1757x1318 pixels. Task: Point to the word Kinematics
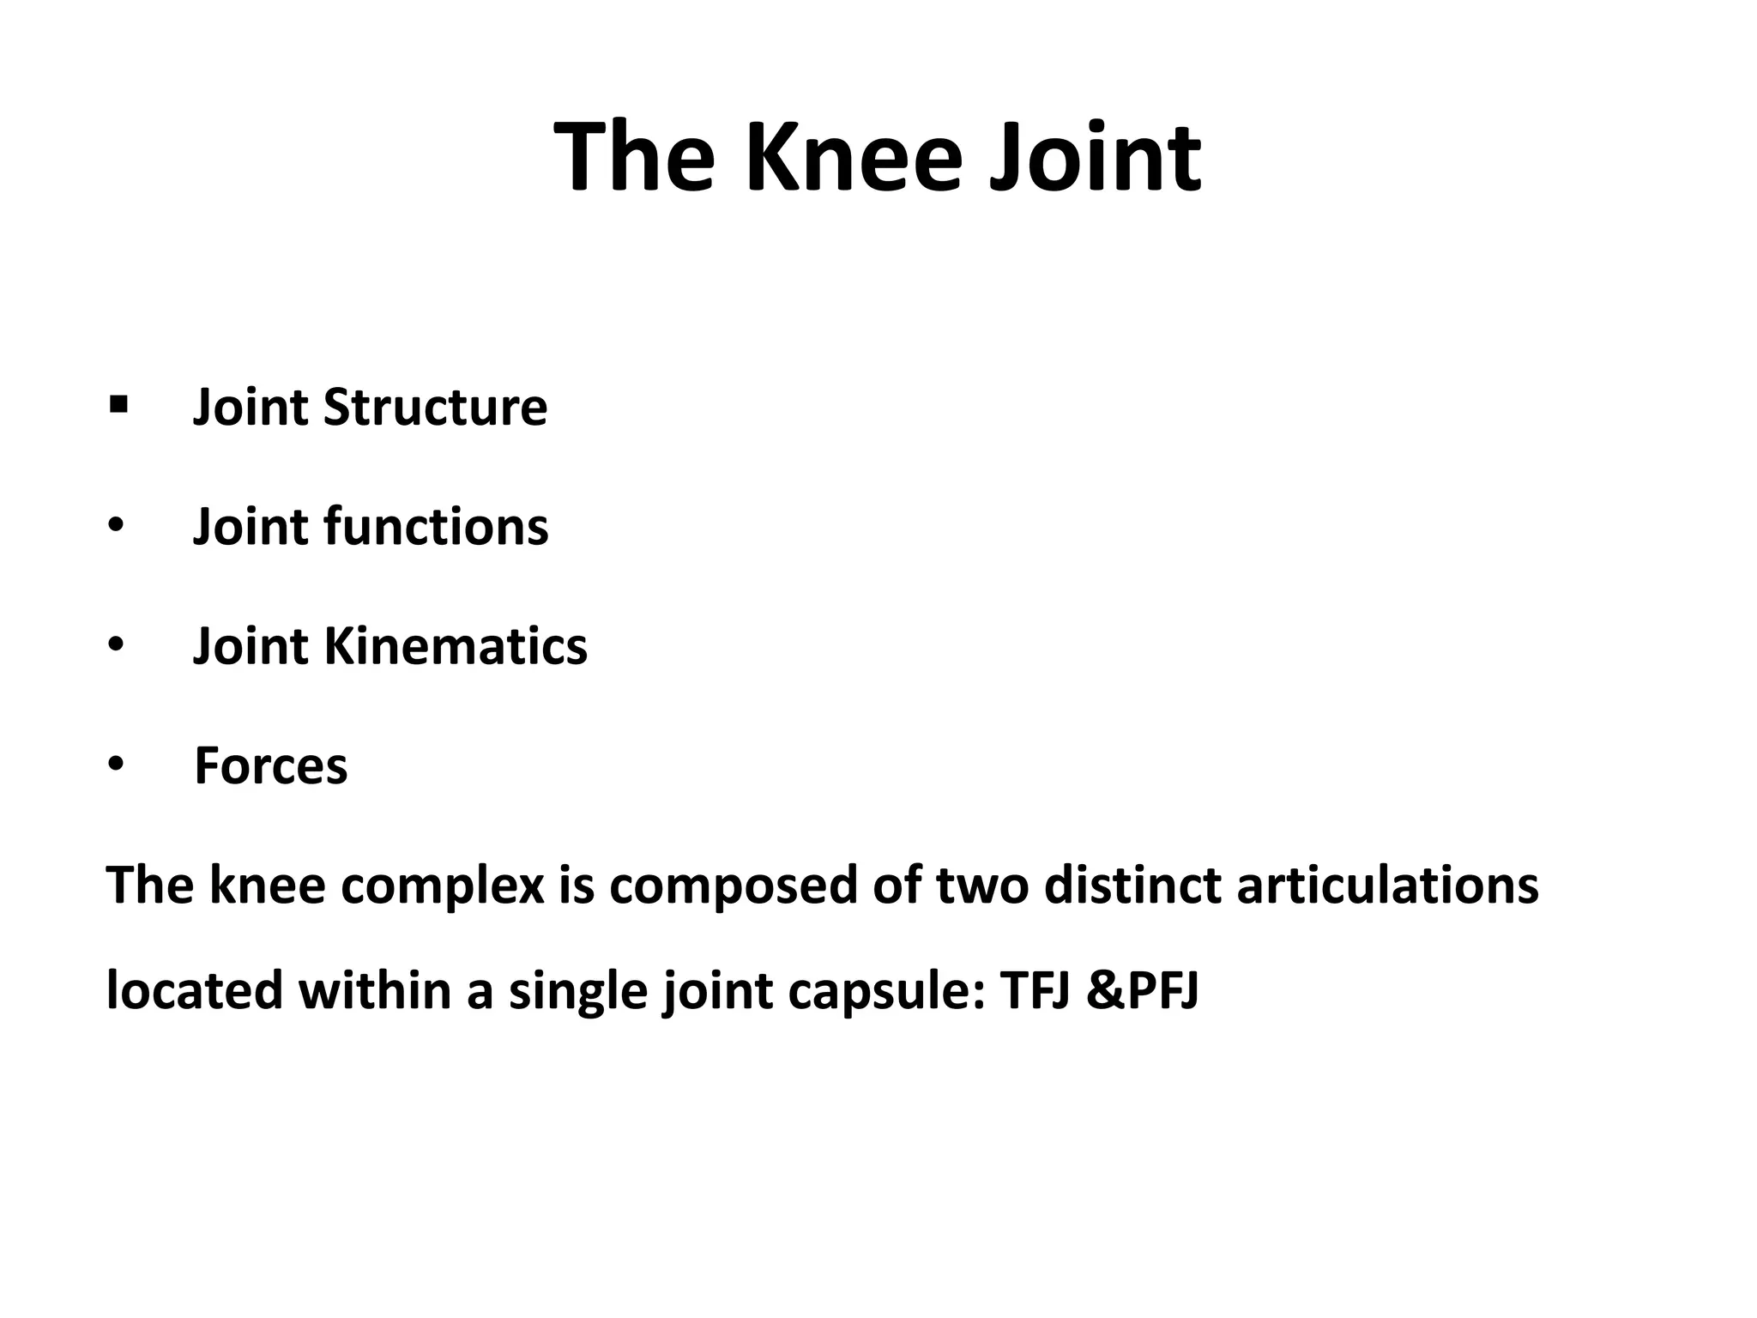pyautogui.click(x=456, y=646)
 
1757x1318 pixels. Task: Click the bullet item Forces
pyautogui.click(x=271, y=765)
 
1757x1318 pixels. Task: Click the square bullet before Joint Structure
pyautogui.click(x=118, y=402)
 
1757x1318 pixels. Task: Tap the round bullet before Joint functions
pyautogui.click(x=116, y=525)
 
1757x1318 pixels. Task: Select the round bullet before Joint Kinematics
pyautogui.click(x=116, y=644)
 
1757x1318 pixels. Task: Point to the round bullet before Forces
pyautogui.click(x=116, y=764)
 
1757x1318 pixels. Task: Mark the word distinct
pyautogui.click(x=1132, y=885)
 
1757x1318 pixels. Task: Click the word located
pyautogui.click(x=195, y=991)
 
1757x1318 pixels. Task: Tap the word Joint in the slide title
pyautogui.click(x=1095, y=159)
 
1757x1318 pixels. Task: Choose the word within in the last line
pyautogui.click(x=375, y=991)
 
